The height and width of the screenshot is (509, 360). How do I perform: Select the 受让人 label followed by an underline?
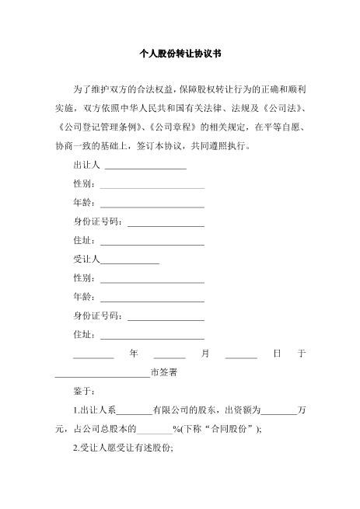pos(87,260)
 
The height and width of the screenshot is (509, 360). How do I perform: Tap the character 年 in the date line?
pos(135,353)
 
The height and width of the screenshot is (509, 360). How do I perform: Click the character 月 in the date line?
pos(205,353)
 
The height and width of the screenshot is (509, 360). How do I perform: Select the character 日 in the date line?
pos(276,353)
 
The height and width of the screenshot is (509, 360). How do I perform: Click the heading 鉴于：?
pos(84,391)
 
